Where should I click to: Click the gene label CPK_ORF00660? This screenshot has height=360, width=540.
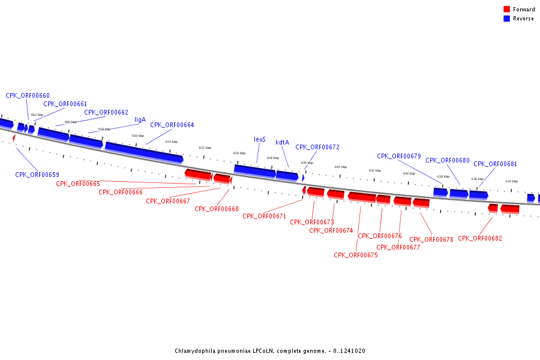(28, 95)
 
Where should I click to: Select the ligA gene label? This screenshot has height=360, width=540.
(140, 119)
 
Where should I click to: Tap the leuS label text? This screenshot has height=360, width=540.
(260, 139)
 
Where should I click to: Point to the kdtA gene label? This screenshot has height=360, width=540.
(282, 142)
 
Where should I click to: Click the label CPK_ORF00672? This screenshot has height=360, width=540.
(317, 147)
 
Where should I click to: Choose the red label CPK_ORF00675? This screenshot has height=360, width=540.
(356, 255)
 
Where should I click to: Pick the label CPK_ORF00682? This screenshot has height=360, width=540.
(479, 238)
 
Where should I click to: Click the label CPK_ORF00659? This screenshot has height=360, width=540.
(37, 175)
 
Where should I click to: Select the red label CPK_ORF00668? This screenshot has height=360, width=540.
(217, 209)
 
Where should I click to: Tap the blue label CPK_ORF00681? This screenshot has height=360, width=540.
(495, 164)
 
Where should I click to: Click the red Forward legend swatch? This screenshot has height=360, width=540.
(506, 10)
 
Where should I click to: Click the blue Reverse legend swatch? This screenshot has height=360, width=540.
(506, 19)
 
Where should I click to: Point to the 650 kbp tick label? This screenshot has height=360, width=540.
(239, 153)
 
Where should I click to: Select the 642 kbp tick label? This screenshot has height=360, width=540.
(374, 170)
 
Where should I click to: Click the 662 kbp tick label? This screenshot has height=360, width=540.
(37, 115)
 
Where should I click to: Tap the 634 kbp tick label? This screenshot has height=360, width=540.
(511, 181)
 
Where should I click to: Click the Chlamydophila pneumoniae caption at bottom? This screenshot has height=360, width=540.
(270, 351)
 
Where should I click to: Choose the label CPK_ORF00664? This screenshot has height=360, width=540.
(172, 125)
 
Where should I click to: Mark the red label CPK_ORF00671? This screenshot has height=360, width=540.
(265, 216)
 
